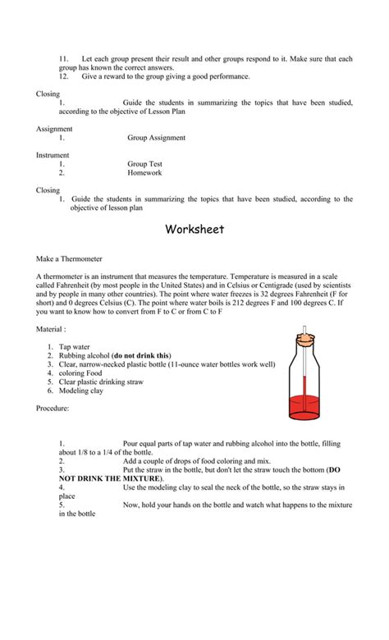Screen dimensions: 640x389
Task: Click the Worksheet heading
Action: point(194,229)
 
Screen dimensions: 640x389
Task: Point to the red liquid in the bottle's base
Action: point(307,406)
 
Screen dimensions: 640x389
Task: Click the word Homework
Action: point(144,172)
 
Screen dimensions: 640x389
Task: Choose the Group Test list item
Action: point(144,164)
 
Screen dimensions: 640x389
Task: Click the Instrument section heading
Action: point(53,155)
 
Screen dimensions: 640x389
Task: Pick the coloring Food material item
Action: point(84,373)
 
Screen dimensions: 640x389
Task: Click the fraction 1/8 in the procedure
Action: point(90,452)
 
